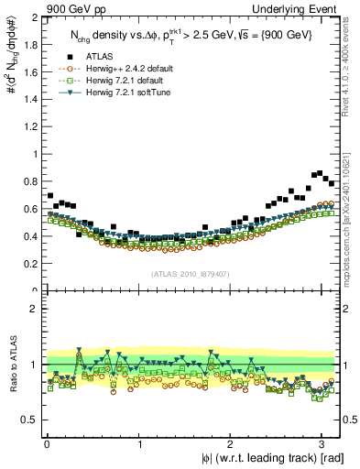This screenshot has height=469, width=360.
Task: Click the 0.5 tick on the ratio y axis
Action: pyautogui.click(x=30, y=420)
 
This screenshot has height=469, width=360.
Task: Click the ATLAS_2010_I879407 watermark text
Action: pyautogui.click(x=190, y=273)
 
